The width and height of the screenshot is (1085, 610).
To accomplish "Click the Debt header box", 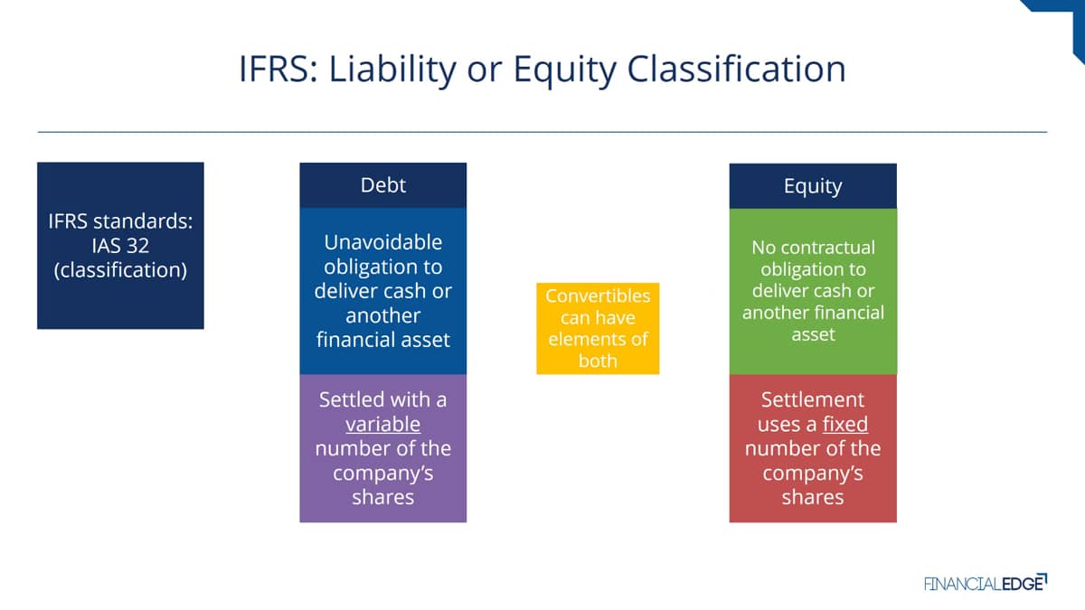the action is pos(383,185).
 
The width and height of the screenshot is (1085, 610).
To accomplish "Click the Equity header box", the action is pos(813,186).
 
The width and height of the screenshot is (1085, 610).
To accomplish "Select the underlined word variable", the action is pos(382,425).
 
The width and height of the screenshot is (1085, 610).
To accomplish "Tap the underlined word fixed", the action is pos(845,425).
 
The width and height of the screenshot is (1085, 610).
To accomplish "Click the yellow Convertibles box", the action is pos(598,328).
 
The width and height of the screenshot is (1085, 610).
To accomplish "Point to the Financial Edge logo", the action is pos(986,583).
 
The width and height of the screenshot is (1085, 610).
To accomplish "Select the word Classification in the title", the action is pos(736,69).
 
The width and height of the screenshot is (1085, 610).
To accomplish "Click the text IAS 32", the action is pos(120,246).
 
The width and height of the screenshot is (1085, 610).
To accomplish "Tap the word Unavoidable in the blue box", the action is pos(383,242).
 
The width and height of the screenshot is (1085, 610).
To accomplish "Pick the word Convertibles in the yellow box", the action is pos(598,296).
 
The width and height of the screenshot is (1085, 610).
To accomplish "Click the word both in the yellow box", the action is pos(598,361).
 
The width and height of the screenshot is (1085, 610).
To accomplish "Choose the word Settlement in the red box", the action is pos(813,399).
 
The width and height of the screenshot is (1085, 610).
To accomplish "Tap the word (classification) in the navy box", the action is pos(120,270).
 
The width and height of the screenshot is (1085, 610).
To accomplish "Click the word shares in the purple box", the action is pos(383,498).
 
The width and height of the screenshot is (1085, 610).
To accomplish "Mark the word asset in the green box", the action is pos(813,334).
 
